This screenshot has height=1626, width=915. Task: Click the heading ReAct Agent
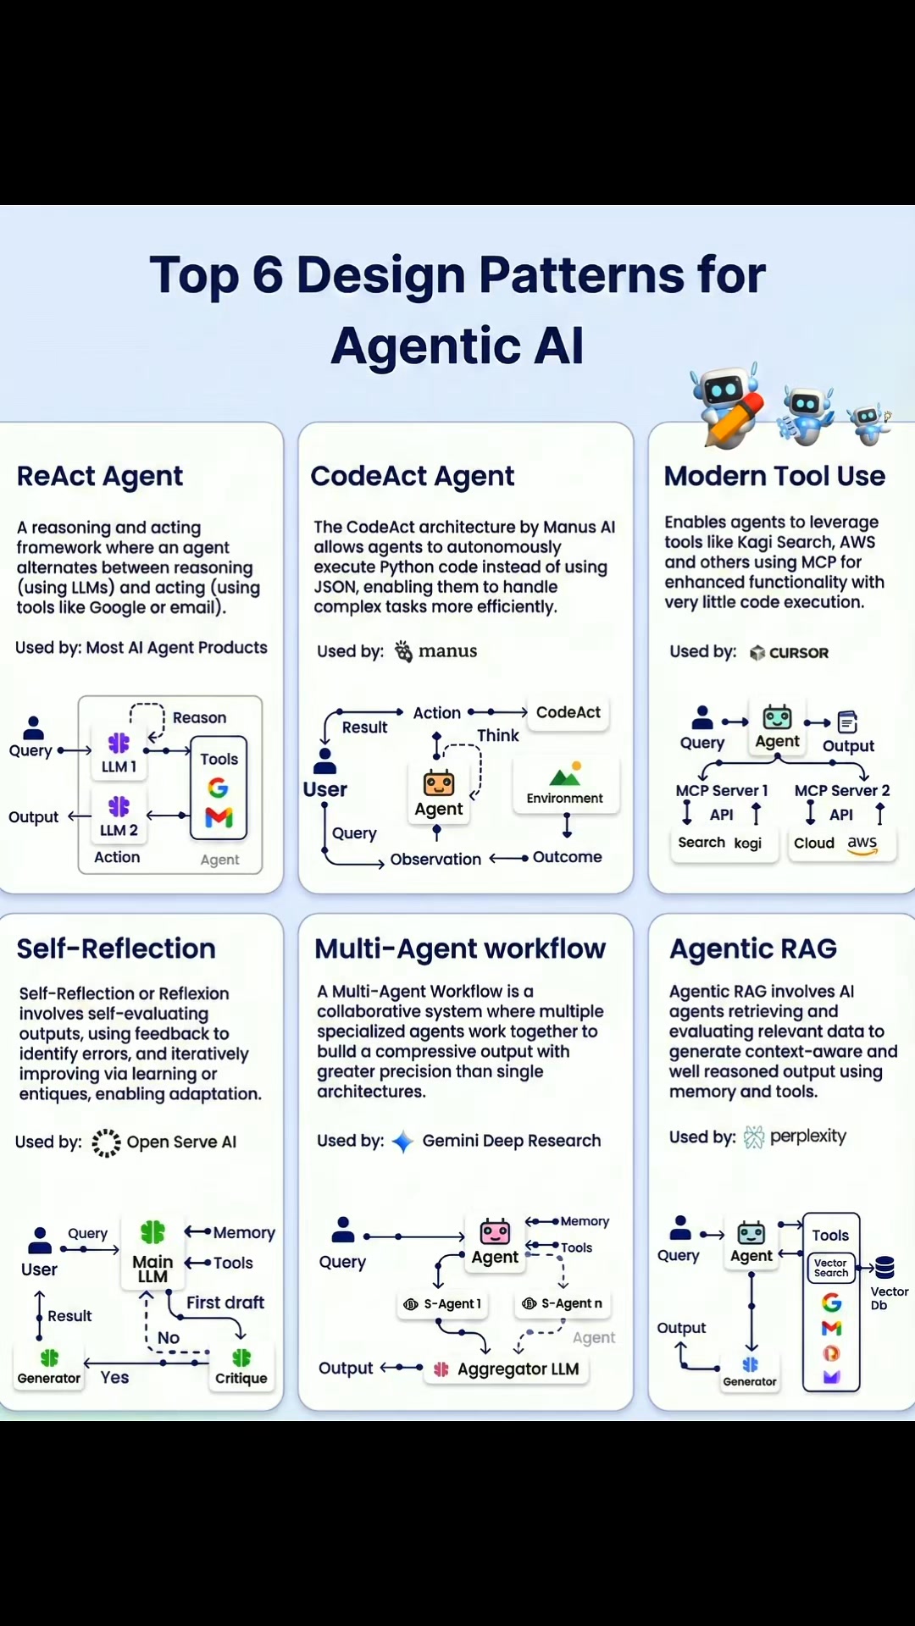100,477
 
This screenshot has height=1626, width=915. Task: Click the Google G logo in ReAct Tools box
219,788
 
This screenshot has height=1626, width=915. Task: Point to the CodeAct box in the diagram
568,713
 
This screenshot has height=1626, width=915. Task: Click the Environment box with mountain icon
565,785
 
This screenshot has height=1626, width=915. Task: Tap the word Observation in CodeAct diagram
435,859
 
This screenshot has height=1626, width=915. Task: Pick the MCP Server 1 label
722,790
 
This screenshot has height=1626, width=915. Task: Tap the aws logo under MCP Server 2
862,843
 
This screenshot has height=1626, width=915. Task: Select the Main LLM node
152,1253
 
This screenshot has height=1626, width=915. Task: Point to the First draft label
225,1302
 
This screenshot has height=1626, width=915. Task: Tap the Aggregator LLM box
507,1369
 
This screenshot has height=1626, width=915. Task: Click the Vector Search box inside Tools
831,1268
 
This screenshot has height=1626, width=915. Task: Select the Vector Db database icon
885,1268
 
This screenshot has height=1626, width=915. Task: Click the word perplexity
808,1137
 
